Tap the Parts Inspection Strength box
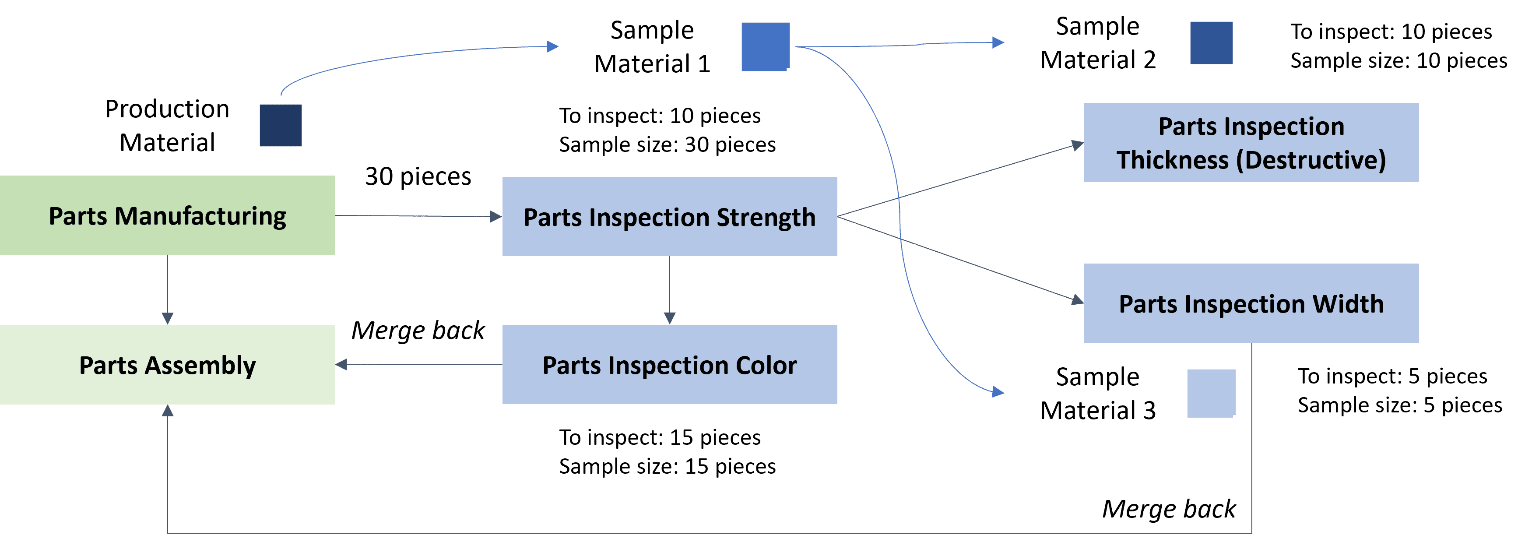coord(670,216)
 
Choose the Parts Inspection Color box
coord(670,364)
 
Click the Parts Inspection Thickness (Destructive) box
coord(1251,142)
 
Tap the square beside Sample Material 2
coord(1211,42)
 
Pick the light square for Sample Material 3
coord(1211,393)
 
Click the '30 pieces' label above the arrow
coord(418,176)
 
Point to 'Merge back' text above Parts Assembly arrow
coord(418,331)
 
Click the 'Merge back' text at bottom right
coord(1169,509)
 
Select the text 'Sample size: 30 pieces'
coord(667,144)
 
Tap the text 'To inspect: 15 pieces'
coord(660,437)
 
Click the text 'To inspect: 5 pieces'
coord(1392,376)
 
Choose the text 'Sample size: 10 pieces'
coord(1399,60)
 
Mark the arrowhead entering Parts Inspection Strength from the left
coord(496,216)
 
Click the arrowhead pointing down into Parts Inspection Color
coord(670,318)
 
